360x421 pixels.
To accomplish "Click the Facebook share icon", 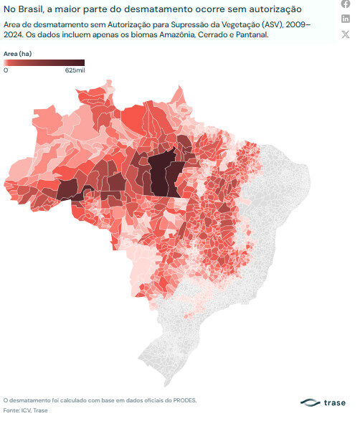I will click(346, 5).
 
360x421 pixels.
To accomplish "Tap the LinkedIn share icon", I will click(346, 19).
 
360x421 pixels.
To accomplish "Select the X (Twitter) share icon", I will click(346, 34).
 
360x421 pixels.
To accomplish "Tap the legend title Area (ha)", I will click(16, 53).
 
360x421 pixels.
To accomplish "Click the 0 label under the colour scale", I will click(6, 71).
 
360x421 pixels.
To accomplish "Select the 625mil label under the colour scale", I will click(75, 71).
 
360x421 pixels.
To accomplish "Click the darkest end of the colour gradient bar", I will click(82, 62).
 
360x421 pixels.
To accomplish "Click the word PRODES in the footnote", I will click(182, 400).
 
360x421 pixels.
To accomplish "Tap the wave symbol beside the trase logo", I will click(311, 402).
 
